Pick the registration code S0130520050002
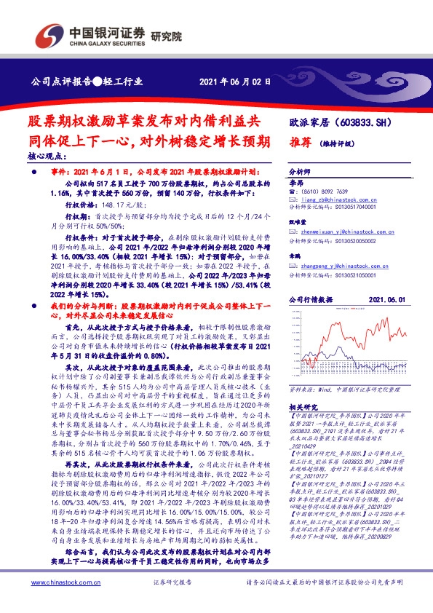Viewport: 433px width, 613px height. click(x=343, y=240)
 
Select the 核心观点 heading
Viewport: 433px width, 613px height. click(x=47, y=156)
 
